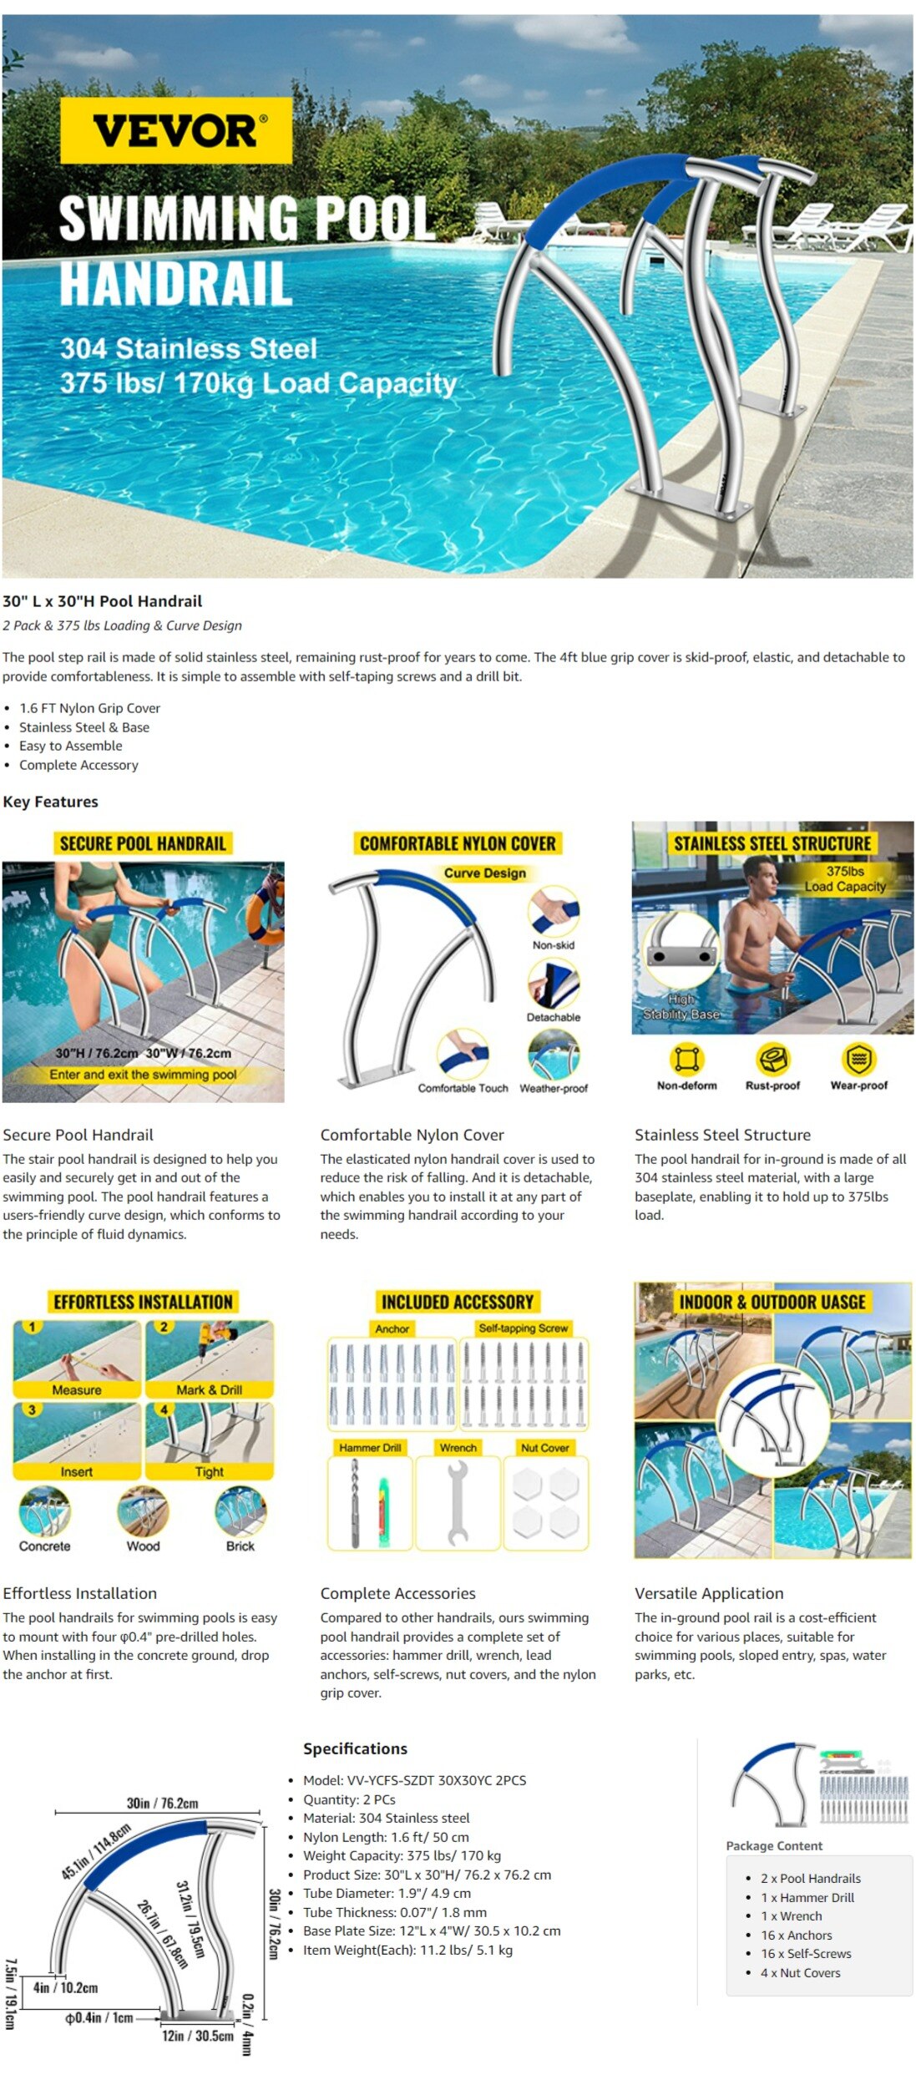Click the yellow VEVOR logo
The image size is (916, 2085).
point(176,130)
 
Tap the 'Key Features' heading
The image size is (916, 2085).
point(50,802)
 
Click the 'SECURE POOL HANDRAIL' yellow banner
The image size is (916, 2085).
point(143,843)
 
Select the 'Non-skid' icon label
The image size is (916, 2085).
point(553,945)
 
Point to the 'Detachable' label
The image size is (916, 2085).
point(553,1017)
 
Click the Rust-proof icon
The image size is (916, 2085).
point(772,1060)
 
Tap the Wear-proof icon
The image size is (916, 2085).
point(858,1060)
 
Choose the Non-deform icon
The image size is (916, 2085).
point(686,1060)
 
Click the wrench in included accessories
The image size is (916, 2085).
point(458,1503)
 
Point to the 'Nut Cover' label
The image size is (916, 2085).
point(544,1448)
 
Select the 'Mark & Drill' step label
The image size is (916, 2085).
point(209,1390)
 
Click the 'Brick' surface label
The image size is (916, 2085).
point(240,1546)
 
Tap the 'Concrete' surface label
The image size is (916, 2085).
point(45,1546)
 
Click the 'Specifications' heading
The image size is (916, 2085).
point(355,1748)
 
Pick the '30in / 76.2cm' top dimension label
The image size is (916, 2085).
point(162,1803)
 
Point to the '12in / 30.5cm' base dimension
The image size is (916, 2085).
point(197,2036)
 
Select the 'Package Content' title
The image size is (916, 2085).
point(774,1845)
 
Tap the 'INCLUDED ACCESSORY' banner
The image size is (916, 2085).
point(457,1302)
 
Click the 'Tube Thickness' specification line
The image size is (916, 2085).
point(394,1912)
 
